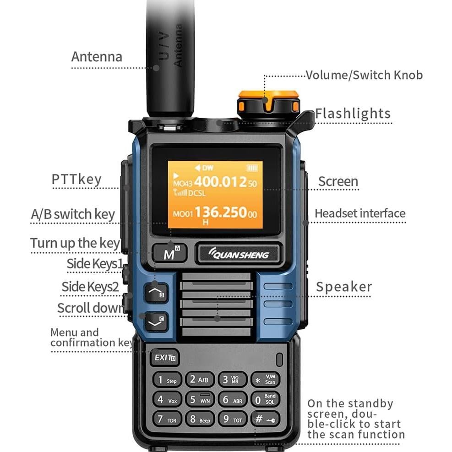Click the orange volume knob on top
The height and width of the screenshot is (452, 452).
(x=268, y=102)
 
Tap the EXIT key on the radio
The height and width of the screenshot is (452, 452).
(x=164, y=358)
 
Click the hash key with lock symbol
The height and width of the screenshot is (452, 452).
(x=265, y=419)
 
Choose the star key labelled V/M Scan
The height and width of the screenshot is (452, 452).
(x=265, y=380)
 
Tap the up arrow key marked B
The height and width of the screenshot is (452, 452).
(x=156, y=292)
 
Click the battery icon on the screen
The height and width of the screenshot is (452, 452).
(x=252, y=168)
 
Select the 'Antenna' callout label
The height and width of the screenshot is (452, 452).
(x=97, y=57)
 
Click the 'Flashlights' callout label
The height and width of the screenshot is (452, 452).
(x=353, y=114)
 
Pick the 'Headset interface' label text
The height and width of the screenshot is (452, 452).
(x=360, y=213)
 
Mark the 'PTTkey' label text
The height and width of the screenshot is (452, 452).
(x=76, y=179)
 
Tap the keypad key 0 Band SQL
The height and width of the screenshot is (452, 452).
(x=265, y=399)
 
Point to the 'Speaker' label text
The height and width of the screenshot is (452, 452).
(x=344, y=287)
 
